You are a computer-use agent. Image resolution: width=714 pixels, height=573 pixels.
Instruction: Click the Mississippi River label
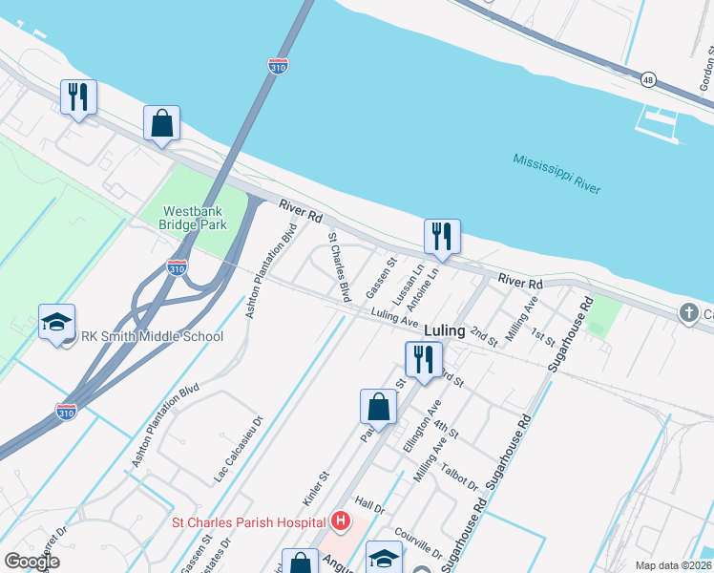(556, 174)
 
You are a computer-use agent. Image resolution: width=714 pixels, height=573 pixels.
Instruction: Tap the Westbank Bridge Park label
(195, 218)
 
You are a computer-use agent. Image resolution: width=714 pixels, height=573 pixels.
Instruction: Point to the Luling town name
(445, 330)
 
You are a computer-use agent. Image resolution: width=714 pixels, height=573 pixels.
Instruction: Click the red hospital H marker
(341, 521)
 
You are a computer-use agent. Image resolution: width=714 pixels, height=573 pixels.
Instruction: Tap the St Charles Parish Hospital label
(248, 521)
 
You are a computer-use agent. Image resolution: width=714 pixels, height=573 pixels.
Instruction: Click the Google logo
(31, 562)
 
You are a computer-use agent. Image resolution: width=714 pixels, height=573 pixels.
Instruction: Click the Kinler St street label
(322, 488)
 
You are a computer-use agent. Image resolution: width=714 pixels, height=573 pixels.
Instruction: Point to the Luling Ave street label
(396, 317)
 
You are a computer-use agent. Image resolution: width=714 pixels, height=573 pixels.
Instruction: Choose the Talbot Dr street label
(460, 476)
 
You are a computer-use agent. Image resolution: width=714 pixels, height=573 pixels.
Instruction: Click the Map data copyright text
(673, 565)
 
